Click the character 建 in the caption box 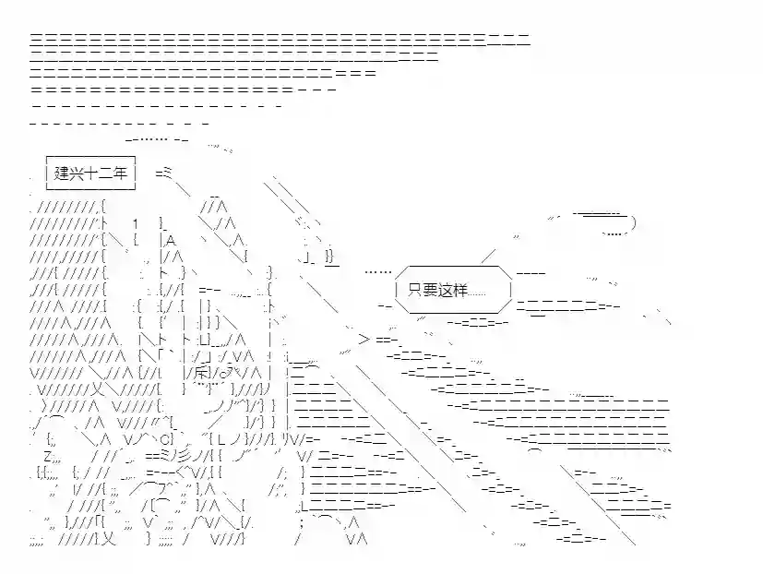point(63,173)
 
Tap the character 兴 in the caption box point(79,173)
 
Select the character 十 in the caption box point(96,173)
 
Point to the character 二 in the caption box point(111,173)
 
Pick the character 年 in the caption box point(125,173)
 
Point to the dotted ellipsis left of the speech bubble point(376,272)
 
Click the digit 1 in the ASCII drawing point(135,224)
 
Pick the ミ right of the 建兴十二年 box point(168,173)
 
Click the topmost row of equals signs point(277,40)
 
